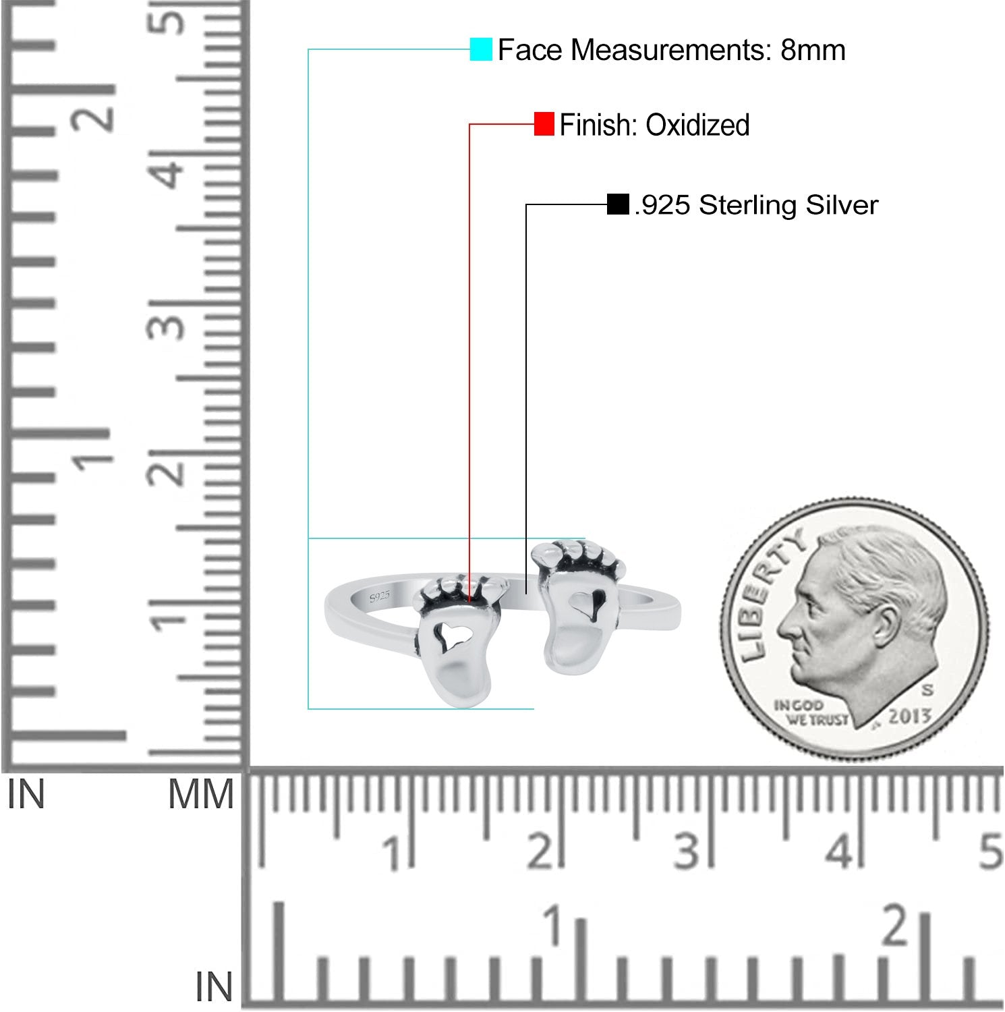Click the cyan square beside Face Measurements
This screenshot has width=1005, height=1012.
tap(481, 49)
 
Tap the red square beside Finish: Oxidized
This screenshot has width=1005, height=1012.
tap(544, 124)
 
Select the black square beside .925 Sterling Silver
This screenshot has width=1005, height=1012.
tap(618, 204)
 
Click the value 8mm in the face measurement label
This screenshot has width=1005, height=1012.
tap(813, 50)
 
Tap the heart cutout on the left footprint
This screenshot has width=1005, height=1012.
tap(445, 633)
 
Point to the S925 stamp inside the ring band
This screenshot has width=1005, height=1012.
tap(380, 596)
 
